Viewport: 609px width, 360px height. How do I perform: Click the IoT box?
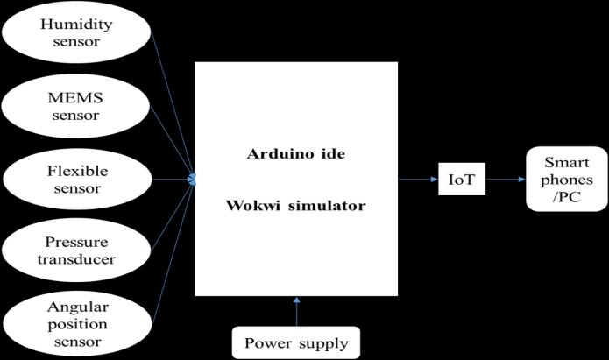point(462,180)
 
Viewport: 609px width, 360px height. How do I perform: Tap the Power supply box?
point(296,342)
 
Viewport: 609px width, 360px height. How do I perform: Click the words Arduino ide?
point(295,154)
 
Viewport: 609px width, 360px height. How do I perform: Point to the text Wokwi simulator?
point(295,206)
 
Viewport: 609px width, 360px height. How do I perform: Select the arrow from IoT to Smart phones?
point(505,180)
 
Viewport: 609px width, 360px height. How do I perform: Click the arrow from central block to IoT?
point(417,180)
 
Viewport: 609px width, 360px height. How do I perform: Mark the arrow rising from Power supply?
point(296,312)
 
